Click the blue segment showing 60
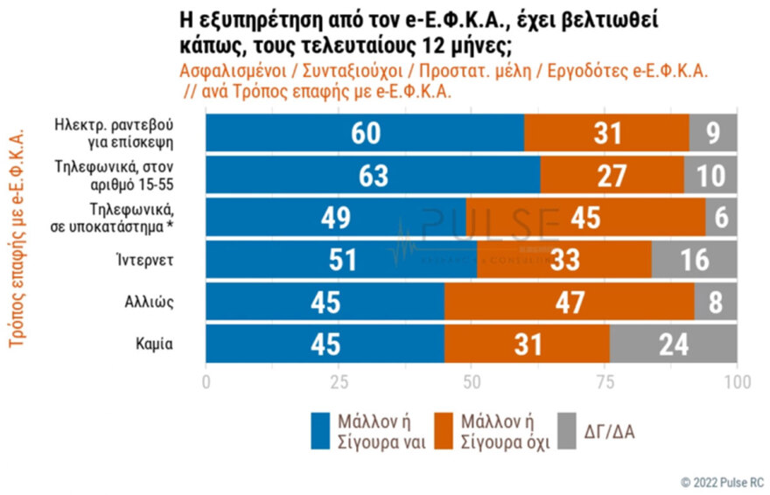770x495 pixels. click(364, 133)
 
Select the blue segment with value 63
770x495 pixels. click(372, 175)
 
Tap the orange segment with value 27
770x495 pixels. click(612, 175)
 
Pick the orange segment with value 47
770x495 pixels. click(569, 302)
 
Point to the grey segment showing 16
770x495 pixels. click(694, 260)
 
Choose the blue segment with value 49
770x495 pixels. click(335, 218)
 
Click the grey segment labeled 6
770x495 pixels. click(721, 218)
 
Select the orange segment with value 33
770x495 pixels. click(564, 260)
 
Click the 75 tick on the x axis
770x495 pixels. click(604, 383)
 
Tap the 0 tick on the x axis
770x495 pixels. click(206, 383)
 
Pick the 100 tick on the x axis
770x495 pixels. click(737, 383)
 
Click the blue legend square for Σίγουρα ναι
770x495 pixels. click(321, 429)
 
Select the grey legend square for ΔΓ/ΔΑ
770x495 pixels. click(568, 429)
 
